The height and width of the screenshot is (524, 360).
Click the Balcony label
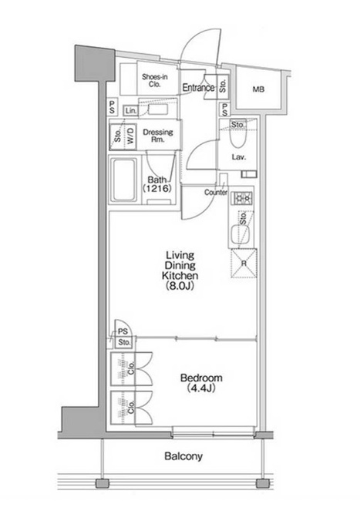pos(183,456)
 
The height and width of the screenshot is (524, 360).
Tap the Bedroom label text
pos(201,383)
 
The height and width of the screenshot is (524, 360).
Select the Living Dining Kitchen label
pos(180,270)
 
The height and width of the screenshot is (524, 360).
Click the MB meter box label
pos(258,89)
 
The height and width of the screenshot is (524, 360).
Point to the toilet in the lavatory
pos(238,138)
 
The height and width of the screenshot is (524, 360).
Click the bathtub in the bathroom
pos(123,180)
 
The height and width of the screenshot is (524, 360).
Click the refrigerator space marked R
pos(244,264)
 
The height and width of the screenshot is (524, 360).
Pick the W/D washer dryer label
pos(130,136)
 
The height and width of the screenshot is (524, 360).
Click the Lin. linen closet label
pos(131,111)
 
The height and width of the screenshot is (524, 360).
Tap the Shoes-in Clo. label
pos(154,81)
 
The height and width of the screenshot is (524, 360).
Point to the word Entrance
pos(198,88)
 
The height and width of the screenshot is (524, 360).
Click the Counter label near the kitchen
pos(216,193)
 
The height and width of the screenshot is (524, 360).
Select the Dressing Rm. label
pos(158,136)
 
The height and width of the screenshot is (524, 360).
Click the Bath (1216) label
pos(157,184)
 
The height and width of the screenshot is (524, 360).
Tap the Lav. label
pos(239,156)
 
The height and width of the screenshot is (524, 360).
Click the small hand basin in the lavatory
pos(249,174)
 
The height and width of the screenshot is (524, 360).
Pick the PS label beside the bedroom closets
pos(123,331)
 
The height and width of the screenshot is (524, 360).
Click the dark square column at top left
pos(95,63)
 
